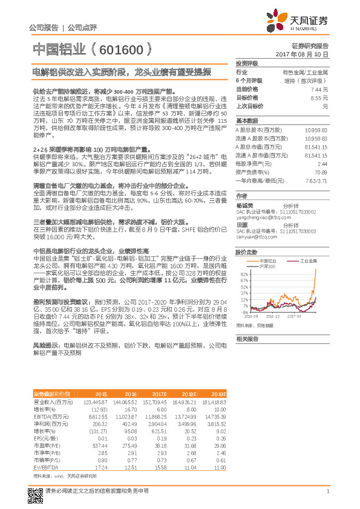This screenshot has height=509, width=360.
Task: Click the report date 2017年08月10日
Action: [x=306, y=54]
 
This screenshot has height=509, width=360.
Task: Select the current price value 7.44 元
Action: [x=320, y=89]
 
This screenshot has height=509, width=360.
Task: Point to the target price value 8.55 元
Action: [x=320, y=97]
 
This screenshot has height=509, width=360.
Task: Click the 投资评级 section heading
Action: [x=247, y=63]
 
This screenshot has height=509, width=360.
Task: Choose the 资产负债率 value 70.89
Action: [x=321, y=172]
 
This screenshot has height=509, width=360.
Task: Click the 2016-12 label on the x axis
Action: [x=273, y=315]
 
